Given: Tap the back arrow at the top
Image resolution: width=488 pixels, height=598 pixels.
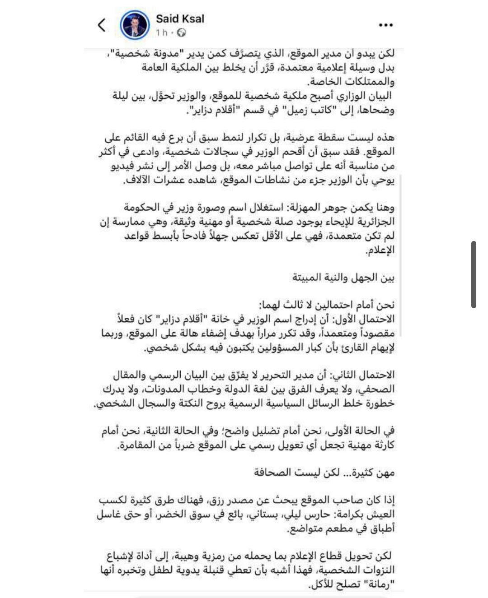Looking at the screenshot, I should tap(102, 25).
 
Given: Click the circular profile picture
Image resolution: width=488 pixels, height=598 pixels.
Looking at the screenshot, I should tap(135, 25).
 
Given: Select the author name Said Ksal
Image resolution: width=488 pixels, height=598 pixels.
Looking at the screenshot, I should tap(180, 19).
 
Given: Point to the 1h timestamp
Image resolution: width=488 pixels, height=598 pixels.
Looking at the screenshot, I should tap(161, 32).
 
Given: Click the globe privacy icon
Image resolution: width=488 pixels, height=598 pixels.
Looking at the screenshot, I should tap(182, 32).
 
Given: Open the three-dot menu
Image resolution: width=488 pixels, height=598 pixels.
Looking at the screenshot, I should tap(385, 25).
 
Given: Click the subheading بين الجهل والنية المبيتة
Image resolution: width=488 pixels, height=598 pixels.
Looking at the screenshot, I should tap(343, 277).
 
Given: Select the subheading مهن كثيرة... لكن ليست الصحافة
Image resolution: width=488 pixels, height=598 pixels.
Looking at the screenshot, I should tap(324, 473).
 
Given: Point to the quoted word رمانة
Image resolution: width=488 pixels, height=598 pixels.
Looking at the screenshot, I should tap(378, 584).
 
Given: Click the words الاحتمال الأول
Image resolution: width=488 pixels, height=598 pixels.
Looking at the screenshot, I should tap(366, 319).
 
